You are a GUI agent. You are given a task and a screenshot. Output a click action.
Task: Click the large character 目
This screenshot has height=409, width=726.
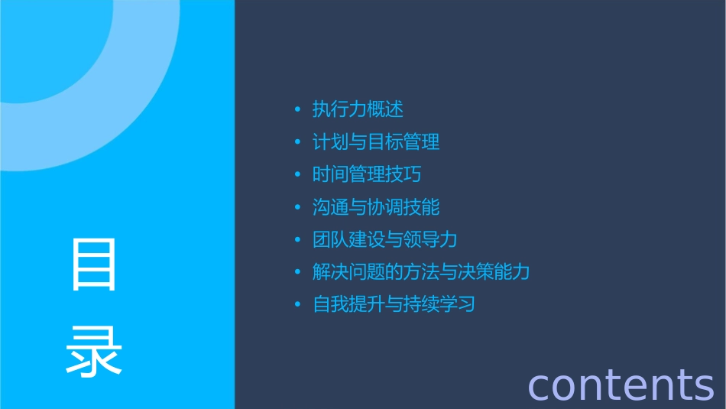(94, 265)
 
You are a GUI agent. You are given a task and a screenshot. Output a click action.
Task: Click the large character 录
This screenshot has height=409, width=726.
(94, 351)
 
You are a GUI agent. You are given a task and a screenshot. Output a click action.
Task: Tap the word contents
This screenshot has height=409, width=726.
(621, 385)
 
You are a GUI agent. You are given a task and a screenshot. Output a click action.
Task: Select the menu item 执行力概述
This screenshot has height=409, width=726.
(358, 109)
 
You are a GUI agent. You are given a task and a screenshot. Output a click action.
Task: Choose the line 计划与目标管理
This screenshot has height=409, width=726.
(376, 142)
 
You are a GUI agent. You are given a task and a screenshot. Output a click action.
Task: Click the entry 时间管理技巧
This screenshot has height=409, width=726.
(367, 174)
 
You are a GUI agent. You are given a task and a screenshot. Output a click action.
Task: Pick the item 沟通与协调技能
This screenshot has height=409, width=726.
(376, 207)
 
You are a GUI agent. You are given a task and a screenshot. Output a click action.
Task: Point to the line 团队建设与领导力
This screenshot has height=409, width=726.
(385, 239)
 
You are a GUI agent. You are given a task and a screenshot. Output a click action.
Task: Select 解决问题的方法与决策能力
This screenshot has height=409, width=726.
(421, 272)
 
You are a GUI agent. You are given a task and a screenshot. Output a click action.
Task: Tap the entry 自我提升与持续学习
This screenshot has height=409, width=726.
(394, 304)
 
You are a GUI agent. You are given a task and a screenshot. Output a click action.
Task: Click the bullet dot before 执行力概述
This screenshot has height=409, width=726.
(297, 110)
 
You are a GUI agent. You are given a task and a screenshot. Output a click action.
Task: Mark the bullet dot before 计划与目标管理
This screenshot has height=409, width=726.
(297, 143)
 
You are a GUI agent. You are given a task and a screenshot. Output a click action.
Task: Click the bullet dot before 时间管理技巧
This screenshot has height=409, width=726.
(297, 175)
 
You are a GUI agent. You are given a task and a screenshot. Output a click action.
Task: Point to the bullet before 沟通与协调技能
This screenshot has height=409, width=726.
(297, 208)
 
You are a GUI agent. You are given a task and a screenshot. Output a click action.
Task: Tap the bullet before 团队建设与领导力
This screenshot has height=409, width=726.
(297, 240)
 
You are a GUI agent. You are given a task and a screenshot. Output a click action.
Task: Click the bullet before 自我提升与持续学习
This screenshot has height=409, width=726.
(297, 305)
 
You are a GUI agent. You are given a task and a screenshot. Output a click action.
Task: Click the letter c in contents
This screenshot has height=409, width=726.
(540, 386)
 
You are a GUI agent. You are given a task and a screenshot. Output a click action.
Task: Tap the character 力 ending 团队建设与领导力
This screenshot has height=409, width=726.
(449, 239)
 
